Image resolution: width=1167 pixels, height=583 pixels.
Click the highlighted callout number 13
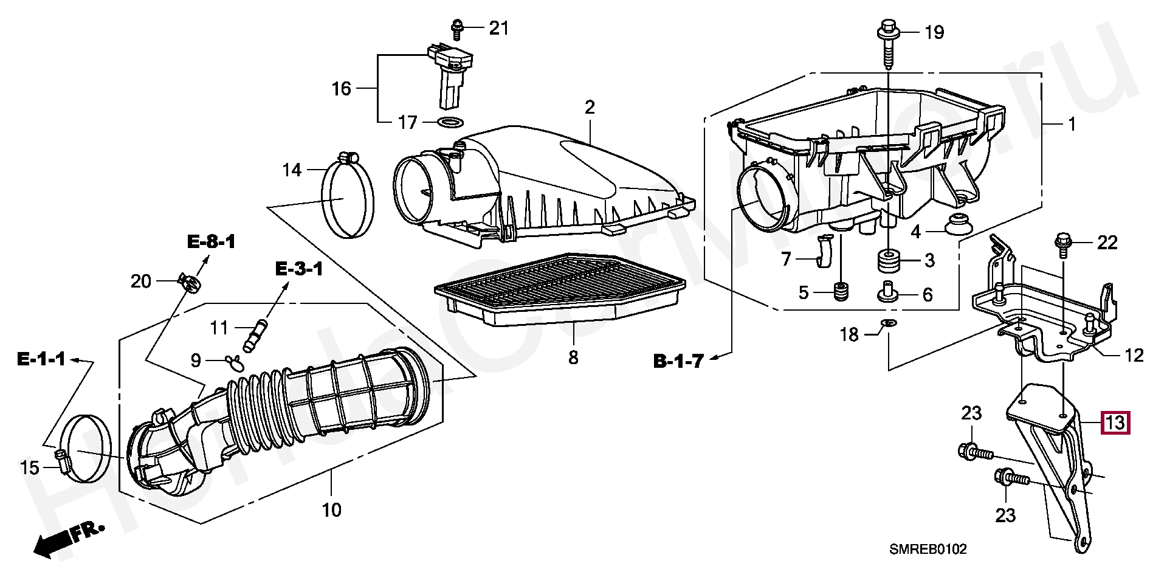1115,423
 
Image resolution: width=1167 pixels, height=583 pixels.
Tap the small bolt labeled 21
456,26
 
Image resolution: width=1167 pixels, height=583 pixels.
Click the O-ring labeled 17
449,122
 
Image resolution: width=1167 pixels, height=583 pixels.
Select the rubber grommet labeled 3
888,261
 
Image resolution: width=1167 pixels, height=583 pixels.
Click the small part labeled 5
840,292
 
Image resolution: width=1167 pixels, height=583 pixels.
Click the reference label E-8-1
210,242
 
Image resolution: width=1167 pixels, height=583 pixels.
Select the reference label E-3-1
299,268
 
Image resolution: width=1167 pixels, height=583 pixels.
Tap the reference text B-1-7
678,361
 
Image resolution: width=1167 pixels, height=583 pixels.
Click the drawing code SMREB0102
928,550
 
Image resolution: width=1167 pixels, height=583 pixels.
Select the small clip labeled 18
887,325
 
